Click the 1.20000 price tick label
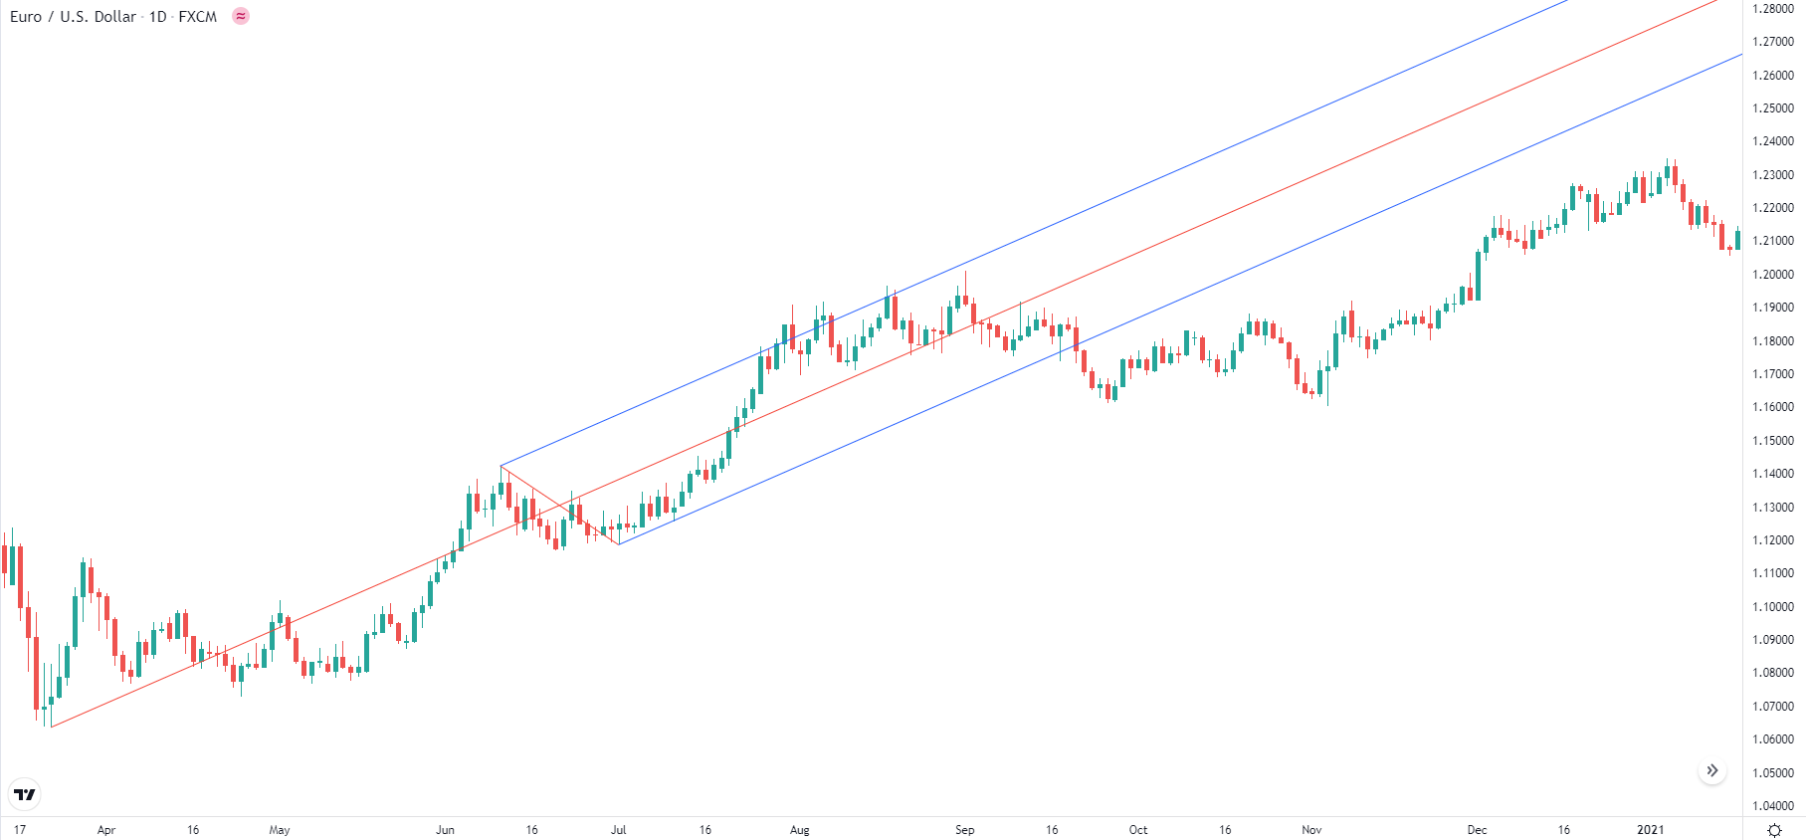1773,275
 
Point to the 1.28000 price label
1773,9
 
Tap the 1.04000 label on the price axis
1773,806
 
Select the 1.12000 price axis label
1773,540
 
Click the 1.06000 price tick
1773,739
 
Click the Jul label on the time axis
618,830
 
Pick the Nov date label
1311,830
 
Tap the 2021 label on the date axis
1650,830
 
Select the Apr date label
106,830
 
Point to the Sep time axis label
964,830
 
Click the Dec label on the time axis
1477,830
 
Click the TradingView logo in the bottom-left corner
24,794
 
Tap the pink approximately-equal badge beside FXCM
241,16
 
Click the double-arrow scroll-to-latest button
1711,770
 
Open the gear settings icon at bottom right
1773,830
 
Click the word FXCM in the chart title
197,17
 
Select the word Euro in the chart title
26,17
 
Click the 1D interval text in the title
157,17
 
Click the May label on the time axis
280,830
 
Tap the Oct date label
1137,830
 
